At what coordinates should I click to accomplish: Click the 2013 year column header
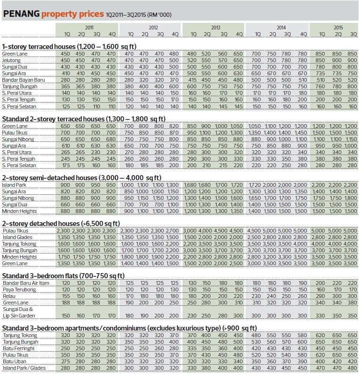coord(215,28)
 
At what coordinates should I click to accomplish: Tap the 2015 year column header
coord(338,28)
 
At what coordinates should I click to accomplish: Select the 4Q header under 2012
coord(174,34)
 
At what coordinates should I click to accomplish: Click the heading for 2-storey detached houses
coord(61,222)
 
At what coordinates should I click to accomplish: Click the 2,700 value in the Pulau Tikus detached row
coord(172,230)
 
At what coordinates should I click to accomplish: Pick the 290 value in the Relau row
coord(322,296)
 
